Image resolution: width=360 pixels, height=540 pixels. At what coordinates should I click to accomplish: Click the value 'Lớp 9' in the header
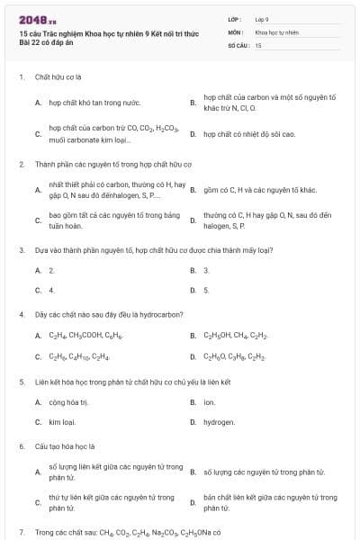[262, 18]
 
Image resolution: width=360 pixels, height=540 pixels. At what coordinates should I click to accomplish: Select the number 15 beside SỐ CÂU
[258, 44]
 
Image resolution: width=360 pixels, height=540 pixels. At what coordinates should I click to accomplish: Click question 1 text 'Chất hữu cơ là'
[58, 77]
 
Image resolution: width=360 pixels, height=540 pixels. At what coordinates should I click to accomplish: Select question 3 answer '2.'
[51, 270]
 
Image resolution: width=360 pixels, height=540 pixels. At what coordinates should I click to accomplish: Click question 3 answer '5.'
[206, 290]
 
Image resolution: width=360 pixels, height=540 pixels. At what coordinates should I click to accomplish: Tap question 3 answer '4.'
[51, 290]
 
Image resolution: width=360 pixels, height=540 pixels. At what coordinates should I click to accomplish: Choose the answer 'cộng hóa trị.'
[68, 401]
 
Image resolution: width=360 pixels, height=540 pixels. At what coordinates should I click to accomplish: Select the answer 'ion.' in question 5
[209, 401]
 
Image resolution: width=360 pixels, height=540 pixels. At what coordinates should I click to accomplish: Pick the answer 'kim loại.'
[62, 421]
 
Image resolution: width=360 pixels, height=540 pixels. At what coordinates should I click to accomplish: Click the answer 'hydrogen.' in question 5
[219, 421]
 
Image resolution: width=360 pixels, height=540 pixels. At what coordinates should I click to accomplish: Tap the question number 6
[21, 445]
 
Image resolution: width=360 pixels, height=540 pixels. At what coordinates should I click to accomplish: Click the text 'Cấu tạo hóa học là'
[65, 445]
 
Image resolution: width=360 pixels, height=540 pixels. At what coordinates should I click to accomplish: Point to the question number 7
[21, 532]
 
